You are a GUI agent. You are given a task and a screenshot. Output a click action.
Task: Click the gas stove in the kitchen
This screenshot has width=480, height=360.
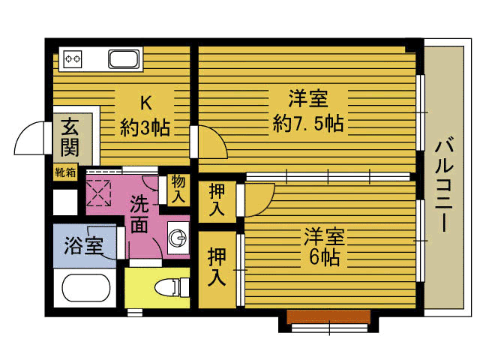(x=73, y=58)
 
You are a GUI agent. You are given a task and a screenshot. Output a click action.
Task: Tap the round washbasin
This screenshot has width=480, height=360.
(x=178, y=238)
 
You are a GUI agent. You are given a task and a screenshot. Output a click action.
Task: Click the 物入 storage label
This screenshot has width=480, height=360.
(x=178, y=188)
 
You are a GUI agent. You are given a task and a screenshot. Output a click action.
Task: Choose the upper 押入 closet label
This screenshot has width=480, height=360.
(x=217, y=199)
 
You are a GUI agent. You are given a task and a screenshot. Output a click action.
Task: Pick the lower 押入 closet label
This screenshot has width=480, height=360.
(x=217, y=267)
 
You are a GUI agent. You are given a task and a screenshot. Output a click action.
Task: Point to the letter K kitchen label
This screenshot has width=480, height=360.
(x=144, y=102)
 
